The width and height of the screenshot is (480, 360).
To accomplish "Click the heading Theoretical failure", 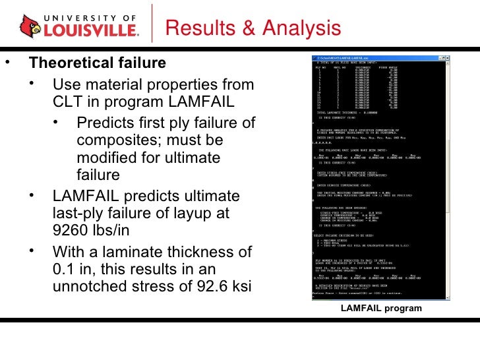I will coord(97,64).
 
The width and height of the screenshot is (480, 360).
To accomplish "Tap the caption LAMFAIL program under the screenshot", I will coord(380,308).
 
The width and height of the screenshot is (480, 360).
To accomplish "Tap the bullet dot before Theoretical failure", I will coord(8,64).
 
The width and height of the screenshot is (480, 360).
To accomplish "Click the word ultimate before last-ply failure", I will coord(209,196).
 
